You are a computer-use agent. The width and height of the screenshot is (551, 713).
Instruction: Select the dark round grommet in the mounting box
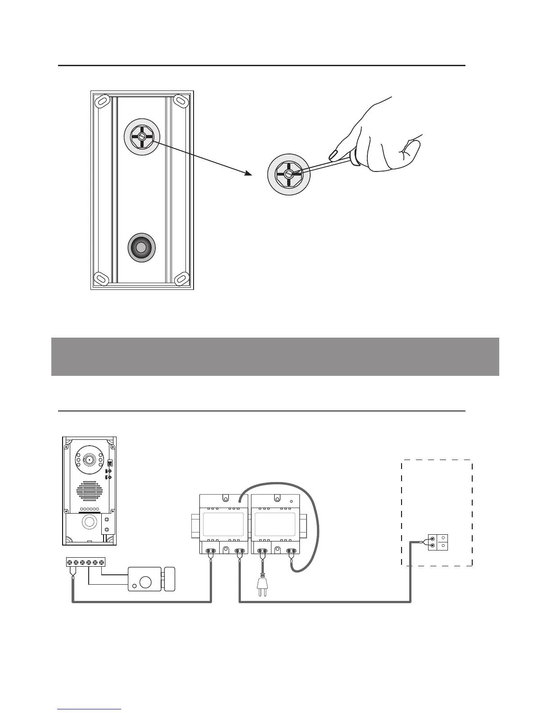[141, 248]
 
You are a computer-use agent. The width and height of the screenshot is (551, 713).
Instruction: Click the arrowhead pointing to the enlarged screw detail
[248, 173]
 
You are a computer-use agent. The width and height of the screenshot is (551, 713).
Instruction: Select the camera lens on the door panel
[89, 460]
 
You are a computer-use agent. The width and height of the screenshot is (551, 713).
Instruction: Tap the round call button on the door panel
[89, 522]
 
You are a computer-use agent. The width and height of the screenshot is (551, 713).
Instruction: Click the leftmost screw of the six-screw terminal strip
[70, 562]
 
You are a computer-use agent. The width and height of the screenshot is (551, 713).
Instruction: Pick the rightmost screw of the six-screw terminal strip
[102, 562]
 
